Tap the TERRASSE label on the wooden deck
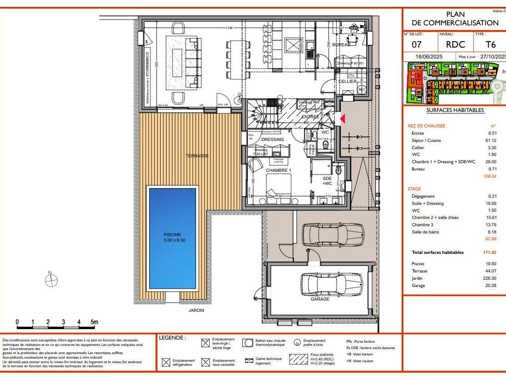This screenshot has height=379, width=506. tap(197, 156)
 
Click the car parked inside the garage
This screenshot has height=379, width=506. tap(331, 284)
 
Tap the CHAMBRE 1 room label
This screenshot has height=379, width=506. tap(278, 170)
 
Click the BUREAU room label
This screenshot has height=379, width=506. tap(340, 45)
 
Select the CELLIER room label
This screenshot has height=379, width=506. tap(348, 81)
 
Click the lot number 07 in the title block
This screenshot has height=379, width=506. tap(417, 45)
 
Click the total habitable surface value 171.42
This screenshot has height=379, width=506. tap(489, 253)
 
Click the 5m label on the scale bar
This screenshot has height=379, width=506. tap(94, 322)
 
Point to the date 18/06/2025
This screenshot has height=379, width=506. tap(429, 57)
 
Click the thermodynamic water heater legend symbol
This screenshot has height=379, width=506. tap(248, 343)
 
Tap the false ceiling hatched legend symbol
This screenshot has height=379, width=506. tap(299, 359)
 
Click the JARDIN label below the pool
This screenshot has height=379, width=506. tap(197, 311)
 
